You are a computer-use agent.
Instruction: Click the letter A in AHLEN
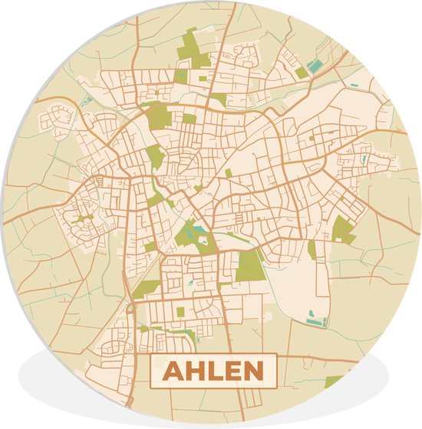(x=175, y=371)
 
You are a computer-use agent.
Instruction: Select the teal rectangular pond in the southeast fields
(x=315, y=317)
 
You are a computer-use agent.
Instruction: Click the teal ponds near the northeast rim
(x=316, y=66)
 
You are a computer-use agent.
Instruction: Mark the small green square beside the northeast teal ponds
(x=302, y=73)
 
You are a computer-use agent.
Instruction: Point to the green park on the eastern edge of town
(x=343, y=229)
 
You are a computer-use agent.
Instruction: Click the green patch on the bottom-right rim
(x=334, y=381)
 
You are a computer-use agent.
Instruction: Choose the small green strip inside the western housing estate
(x=83, y=218)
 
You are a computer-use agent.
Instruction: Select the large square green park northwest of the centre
(x=159, y=117)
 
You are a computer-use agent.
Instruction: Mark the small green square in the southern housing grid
(x=181, y=311)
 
